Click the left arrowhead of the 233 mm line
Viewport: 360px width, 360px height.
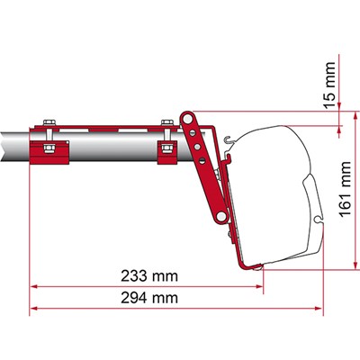point(34,285)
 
